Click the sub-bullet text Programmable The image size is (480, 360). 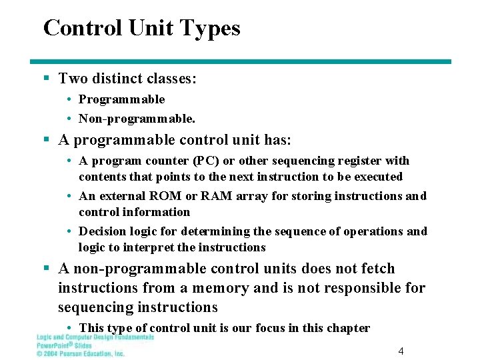pyautogui.click(x=121, y=99)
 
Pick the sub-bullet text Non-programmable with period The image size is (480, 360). pyautogui.click(x=137, y=119)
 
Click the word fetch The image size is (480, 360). pyautogui.click(x=379, y=269)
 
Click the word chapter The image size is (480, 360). pyautogui.click(x=347, y=328)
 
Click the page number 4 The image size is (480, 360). pyautogui.click(x=401, y=351)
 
